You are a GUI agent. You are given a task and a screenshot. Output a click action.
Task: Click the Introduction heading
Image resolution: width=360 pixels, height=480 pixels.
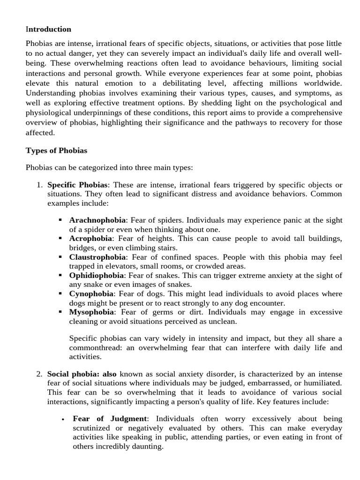pos(49,29)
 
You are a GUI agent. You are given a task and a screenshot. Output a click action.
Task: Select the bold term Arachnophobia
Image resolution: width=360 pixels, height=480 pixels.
pos(97,220)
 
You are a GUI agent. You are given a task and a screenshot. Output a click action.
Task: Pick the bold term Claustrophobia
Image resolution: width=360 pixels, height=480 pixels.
pos(97,257)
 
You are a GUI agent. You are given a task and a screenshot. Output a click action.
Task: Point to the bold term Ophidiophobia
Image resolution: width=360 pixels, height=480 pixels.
pos(97,275)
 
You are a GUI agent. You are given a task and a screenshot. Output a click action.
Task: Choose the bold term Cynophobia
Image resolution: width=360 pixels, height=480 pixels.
pos(91,293)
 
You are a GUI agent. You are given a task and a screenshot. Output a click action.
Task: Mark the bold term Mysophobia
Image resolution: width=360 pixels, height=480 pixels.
pos(91,312)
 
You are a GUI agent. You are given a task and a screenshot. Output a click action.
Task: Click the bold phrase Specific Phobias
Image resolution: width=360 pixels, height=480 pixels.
pos(78,185)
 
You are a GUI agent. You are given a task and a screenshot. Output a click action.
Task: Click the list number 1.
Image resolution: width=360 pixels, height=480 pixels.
pos(39,185)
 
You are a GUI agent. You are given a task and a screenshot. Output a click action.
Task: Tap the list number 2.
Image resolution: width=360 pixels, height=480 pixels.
pos(39,374)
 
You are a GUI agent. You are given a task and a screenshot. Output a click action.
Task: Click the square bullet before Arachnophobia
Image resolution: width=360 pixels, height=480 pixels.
pos(60,220)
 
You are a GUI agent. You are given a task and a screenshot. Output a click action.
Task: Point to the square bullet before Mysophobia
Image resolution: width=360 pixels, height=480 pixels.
pos(60,312)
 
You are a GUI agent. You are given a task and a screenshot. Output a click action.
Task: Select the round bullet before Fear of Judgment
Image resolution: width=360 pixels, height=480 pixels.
pos(62,419)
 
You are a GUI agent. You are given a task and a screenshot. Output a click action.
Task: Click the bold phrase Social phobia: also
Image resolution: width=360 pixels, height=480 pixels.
pos(82,374)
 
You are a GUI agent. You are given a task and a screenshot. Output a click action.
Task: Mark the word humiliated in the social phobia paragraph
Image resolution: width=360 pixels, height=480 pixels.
pos(322,382)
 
